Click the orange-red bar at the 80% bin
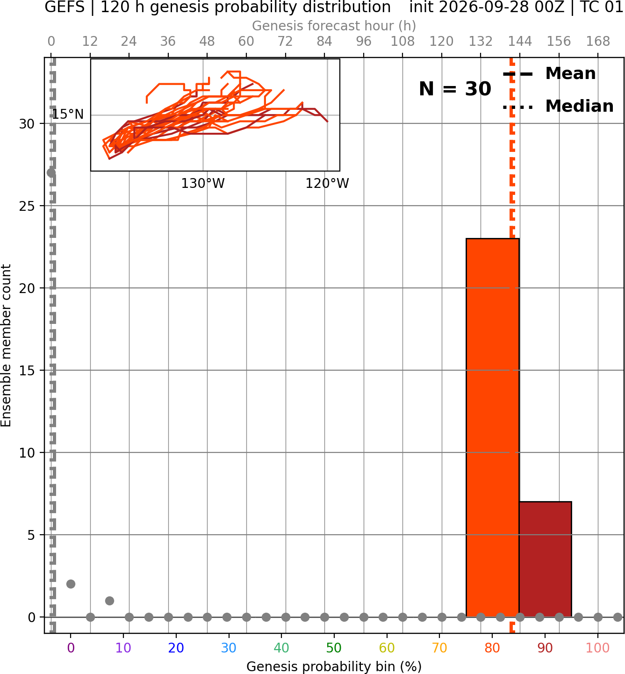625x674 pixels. pyautogui.click(x=492, y=428)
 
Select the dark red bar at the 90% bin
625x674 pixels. pyautogui.click(x=545, y=559)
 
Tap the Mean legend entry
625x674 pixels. pyautogui.click(x=549, y=74)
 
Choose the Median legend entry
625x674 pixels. pyautogui.click(x=558, y=106)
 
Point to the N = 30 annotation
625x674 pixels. pyautogui.click(x=455, y=89)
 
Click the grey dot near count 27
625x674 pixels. pyautogui.click(x=51, y=173)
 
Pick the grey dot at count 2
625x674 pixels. pyautogui.click(x=71, y=584)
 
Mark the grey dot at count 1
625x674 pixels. pyautogui.click(x=109, y=601)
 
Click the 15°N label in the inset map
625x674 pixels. pyautogui.click(x=68, y=115)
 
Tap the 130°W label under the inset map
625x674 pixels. pyautogui.click(x=203, y=184)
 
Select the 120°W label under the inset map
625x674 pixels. pyautogui.click(x=327, y=184)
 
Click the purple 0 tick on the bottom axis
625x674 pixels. pyautogui.click(x=71, y=648)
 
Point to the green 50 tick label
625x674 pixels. pyautogui.click(x=334, y=648)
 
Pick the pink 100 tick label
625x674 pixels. pyautogui.click(x=597, y=648)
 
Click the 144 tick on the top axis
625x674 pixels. pyautogui.click(x=519, y=42)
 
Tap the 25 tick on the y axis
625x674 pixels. pyautogui.click(x=27, y=206)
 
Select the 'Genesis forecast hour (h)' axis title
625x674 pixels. pyautogui.click(x=334, y=26)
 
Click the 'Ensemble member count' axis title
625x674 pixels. pyautogui.click(x=6, y=345)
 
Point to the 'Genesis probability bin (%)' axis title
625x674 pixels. pyautogui.click(x=334, y=667)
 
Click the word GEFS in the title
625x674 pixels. pyautogui.click(x=65, y=7)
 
